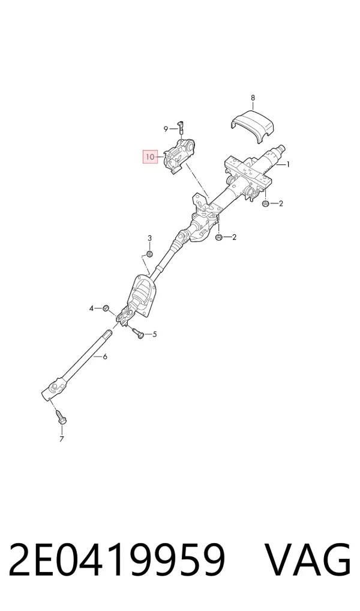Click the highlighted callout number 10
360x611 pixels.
pyautogui.click(x=150, y=157)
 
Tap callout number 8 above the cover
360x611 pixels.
pyautogui.click(x=253, y=97)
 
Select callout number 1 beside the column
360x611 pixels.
pyautogui.click(x=288, y=164)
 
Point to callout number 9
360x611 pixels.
pyautogui.click(x=166, y=128)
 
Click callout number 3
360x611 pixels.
pyautogui.click(x=149, y=238)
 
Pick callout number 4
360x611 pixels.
pyautogui.click(x=92, y=309)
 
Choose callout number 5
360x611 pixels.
pyautogui.click(x=155, y=334)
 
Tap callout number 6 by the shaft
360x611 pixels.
pyautogui.click(x=105, y=356)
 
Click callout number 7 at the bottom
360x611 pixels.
pyautogui.click(x=62, y=439)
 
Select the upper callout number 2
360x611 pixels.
pyautogui.click(x=281, y=203)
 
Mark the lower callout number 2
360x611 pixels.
pyautogui.click(x=234, y=237)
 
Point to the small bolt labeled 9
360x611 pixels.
pyautogui.click(x=181, y=127)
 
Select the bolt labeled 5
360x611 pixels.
pyautogui.click(x=138, y=333)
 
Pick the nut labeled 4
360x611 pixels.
pyautogui.click(x=105, y=309)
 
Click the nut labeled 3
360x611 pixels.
pyautogui.click(x=149, y=254)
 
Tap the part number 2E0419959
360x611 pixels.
pyautogui.click(x=117, y=559)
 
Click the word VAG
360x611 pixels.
pyautogui.click(x=308, y=559)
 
